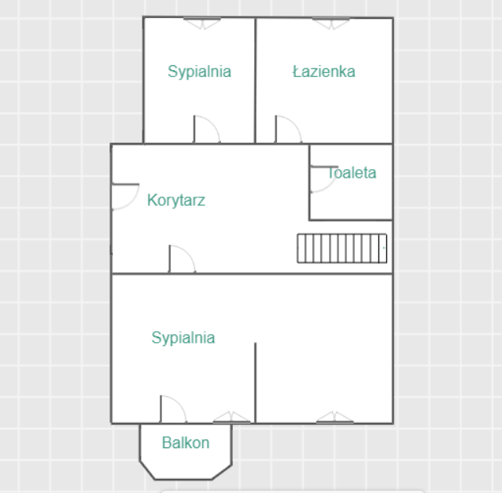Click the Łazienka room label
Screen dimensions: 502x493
[324, 72]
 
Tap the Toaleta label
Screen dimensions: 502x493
[352, 173]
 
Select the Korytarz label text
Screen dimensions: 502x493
[176, 201]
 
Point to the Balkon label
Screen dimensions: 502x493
[186, 443]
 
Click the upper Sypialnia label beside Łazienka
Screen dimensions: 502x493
[199, 72]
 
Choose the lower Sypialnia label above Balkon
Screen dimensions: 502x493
[183, 338]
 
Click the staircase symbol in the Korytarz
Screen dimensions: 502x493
[342, 248]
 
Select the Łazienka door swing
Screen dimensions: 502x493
[288, 129]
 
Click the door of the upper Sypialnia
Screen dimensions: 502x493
[206, 129]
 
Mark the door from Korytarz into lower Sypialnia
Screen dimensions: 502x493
[182, 259]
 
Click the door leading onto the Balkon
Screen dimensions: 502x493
[173, 409]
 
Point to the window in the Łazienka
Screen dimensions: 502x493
[331, 24]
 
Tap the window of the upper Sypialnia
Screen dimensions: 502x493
[202, 24]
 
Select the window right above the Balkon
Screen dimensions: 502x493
[231, 418]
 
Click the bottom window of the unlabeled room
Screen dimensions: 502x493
[335, 418]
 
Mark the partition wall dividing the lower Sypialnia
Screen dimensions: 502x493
[255, 383]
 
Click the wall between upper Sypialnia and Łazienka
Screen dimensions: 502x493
[255, 80]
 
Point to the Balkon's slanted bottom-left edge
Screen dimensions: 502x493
[147, 470]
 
